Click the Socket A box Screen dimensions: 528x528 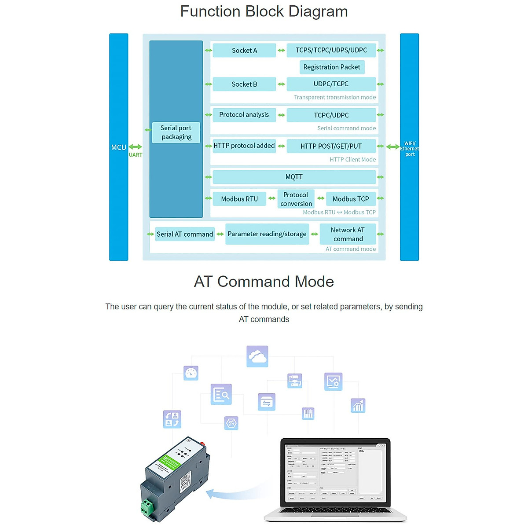pos(244,51)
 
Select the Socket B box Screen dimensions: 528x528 pos(244,84)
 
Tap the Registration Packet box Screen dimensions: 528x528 pos(332,67)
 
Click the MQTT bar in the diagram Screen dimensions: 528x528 pos(294,177)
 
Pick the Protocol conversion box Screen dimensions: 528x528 pos(296,199)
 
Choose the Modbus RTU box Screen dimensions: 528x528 pos(239,199)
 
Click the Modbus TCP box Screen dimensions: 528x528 pos(351,199)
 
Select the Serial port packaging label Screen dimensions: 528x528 pos(176,132)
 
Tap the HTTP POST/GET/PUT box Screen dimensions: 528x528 pos(331,146)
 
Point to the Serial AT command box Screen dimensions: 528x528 pos(185,234)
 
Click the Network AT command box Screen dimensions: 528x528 pos(348,234)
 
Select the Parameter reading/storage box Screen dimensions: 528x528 pos(267,234)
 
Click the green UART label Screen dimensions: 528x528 pos(136,155)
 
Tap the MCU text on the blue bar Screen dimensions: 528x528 pos(118,147)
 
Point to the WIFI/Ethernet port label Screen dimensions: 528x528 pos(410,149)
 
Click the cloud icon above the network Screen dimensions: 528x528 pos(257,356)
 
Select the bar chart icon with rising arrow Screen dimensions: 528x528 pos(358,405)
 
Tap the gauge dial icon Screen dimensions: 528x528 pos(191,373)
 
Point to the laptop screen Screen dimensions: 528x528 pos(335,472)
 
